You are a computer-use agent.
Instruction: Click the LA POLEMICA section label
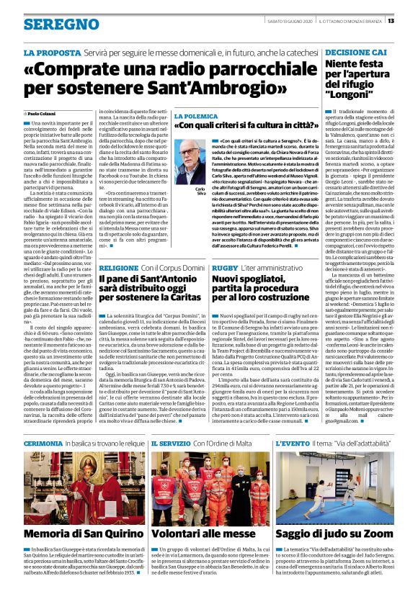click(197, 114)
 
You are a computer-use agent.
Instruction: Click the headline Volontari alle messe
click(210, 534)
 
